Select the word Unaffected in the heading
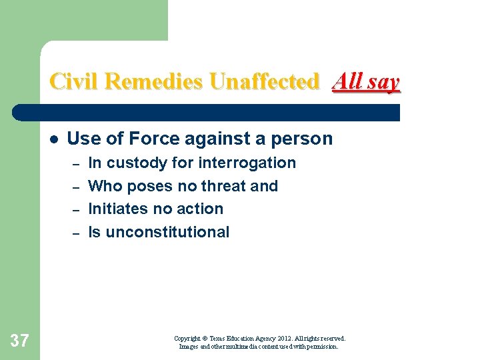tap(265, 82)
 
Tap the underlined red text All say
tap(366, 82)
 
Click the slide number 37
tap(20, 341)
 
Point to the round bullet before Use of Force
tap(53, 139)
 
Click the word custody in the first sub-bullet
tap(139, 163)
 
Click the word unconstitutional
tap(167, 232)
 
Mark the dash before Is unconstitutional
tap(76, 233)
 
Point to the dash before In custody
tap(76, 163)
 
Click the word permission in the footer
tap(323, 347)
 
